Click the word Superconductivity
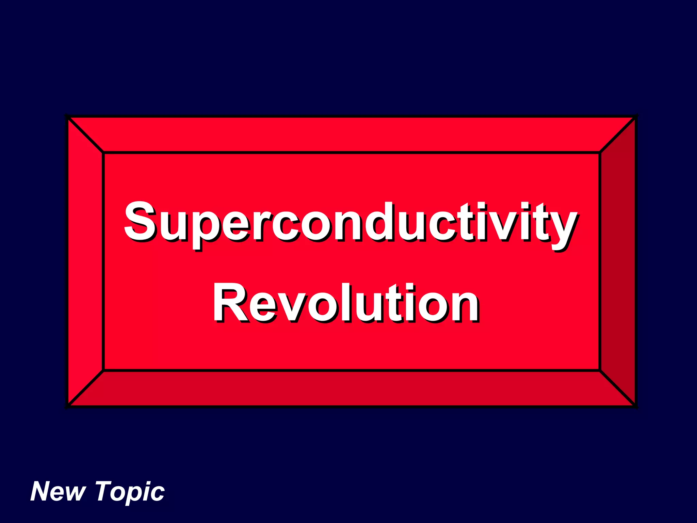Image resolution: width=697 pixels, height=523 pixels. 351,223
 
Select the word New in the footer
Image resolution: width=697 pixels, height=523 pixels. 58,492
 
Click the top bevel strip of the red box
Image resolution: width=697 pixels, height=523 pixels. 351,135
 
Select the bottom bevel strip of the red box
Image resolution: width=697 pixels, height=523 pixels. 351,388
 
